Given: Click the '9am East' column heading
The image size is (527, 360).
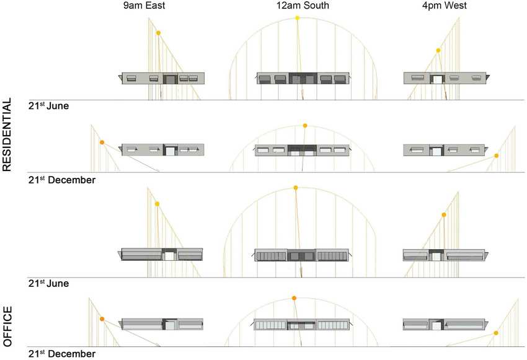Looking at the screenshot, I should click(148, 6).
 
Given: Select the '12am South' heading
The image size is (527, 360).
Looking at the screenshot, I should click(303, 6).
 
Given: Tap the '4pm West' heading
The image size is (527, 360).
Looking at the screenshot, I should click(443, 6).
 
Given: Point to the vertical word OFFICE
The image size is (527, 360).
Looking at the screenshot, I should click(7, 325).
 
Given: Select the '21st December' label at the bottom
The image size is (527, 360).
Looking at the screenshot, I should click(61, 354).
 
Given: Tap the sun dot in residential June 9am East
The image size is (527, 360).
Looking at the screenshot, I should click(158, 33).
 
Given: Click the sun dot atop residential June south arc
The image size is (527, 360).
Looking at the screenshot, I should click(298, 18).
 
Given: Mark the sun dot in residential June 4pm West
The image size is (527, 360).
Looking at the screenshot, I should click(438, 50).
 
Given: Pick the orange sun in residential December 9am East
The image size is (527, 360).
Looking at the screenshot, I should click(102, 143).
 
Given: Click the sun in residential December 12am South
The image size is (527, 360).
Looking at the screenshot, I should click(305, 126).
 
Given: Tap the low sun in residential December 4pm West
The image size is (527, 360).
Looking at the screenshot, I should click(497, 156).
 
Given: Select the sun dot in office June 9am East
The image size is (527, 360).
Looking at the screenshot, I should click(157, 204).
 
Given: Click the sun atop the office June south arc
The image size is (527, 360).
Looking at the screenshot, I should click(296, 187).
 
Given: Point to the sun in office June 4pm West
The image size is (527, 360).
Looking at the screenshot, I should click(443, 215).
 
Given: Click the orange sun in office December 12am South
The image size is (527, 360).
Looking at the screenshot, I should click(294, 298).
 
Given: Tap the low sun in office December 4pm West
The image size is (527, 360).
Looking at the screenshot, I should click(497, 333).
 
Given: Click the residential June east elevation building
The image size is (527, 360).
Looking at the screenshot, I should click(163, 78).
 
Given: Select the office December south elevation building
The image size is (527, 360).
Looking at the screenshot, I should click(302, 325).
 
